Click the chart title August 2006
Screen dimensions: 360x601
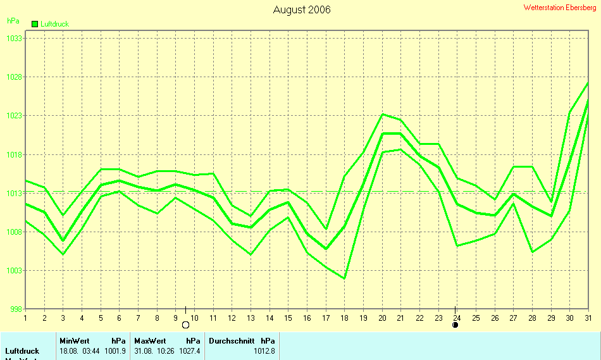point(301,9)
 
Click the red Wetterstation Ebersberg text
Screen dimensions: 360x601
point(559,7)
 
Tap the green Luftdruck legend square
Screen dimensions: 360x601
point(35,24)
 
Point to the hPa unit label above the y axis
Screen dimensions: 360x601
point(13,21)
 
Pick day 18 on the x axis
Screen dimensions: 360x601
point(344,318)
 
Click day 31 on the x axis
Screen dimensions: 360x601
point(588,318)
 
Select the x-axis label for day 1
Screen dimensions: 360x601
point(25,318)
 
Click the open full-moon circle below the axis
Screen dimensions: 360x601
point(185,325)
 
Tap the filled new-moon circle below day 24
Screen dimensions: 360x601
point(455,325)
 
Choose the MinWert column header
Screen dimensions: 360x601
point(75,340)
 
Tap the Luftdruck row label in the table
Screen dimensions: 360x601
point(22,351)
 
